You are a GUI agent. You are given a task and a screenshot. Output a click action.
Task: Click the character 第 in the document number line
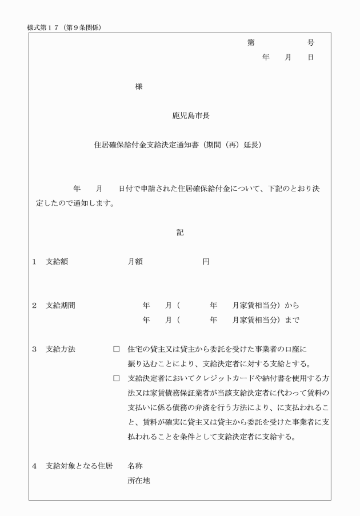(250, 43)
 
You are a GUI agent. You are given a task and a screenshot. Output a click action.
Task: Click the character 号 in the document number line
(310, 43)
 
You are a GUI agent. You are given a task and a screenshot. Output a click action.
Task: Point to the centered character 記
(180, 232)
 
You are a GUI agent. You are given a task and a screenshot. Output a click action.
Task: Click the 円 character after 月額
(206, 261)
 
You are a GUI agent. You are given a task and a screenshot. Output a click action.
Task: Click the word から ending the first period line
(291, 305)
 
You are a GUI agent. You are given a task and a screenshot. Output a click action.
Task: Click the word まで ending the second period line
(291, 319)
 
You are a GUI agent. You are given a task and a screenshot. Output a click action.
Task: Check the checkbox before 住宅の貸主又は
(117, 349)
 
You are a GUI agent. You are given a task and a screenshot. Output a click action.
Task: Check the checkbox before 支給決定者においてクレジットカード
(117, 378)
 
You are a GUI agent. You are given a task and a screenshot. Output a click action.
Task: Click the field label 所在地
(138, 481)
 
